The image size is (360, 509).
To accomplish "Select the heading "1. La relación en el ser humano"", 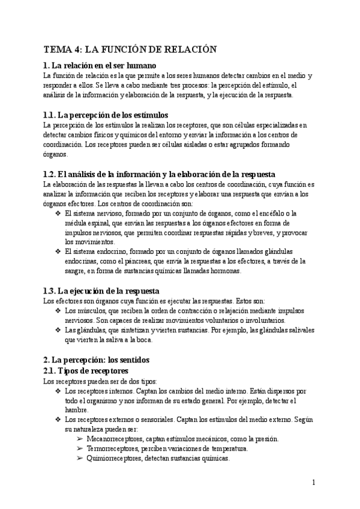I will click(100, 65).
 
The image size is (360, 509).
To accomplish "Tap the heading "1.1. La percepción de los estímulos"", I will click(106, 115).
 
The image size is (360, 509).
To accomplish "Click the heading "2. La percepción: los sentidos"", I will click(96, 360).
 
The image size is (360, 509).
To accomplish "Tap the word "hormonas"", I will click(224, 271).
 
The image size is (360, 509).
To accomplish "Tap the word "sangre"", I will click(76, 271).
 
